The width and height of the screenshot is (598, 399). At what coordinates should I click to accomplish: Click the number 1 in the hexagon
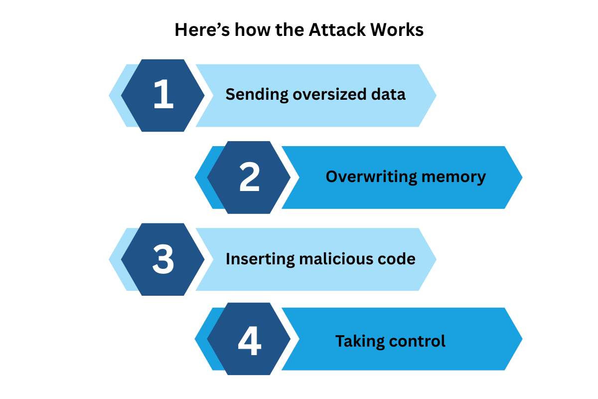163,95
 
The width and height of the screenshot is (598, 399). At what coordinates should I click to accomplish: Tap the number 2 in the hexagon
249,177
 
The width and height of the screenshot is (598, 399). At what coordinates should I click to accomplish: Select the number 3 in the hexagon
163,259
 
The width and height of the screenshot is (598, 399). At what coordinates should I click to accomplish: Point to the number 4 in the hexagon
249,342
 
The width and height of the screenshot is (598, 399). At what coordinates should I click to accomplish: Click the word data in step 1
389,94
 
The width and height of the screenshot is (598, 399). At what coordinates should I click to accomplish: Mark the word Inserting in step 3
255,259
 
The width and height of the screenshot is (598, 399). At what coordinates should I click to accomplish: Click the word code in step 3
398,259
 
